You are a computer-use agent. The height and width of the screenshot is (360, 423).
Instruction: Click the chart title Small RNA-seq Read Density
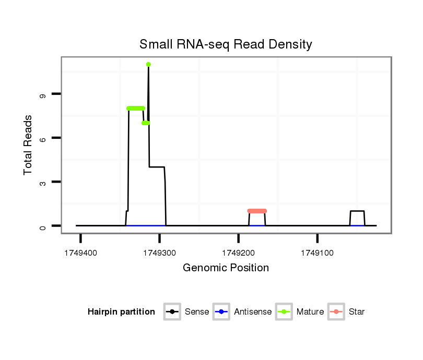pyautogui.click(x=226, y=44)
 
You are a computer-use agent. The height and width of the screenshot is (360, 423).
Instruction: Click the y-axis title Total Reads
pyautogui.click(x=29, y=145)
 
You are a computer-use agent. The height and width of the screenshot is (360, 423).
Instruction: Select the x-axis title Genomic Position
pyautogui.click(x=226, y=268)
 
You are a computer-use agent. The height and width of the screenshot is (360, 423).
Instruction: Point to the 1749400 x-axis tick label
pyautogui.click(x=80, y=253)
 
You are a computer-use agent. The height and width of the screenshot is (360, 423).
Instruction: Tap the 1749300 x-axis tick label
pyautogui.click(x=159, y=253)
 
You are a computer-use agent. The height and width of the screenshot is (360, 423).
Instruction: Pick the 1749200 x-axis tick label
pyautogui.click(x=238, y=253)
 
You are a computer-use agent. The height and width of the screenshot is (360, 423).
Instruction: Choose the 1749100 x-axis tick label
pyautogui.click(x=318, y=253)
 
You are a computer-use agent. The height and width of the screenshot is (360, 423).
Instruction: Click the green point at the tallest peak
pyautogui.click(x=149, y=64)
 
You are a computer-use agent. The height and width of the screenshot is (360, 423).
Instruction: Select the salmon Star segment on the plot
pyautogui.click(x=257, y=211)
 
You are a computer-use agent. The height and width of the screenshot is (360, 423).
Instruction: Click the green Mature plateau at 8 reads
pyautogui.click(x=136, y=108)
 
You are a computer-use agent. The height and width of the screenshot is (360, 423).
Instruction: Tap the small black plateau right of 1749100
pyautogui.click(x=357, y=211)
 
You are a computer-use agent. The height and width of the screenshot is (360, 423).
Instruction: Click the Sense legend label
pyautogui.click(x=197, y=312)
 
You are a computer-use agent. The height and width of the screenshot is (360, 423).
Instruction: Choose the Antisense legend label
pyautogui.click(x=253, y=312)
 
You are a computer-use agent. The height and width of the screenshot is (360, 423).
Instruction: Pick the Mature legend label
pyautogui.click(x=310, y=312)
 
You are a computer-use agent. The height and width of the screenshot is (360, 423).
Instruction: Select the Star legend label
pyautogui.click(x=357, y=312)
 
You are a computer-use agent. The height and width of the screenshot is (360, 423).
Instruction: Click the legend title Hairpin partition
pyautogui.click(x=121, y=312)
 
